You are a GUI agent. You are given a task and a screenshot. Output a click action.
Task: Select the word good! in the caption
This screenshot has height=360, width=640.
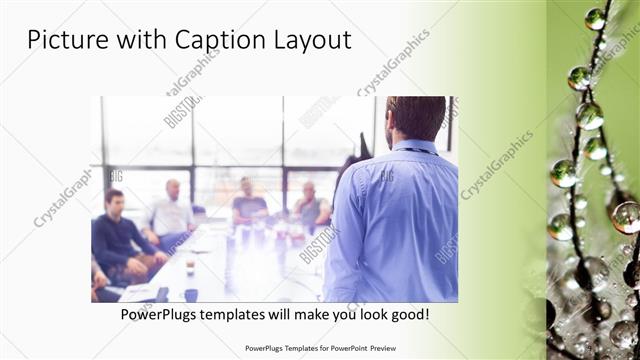coord(407,315)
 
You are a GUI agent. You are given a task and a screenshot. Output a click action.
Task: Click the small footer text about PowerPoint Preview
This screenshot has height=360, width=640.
coord(319,349)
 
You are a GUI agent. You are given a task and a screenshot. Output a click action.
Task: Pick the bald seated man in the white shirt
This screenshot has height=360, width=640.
coord(172,212)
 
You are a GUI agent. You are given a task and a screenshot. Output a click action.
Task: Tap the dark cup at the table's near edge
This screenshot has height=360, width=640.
coord(191,294)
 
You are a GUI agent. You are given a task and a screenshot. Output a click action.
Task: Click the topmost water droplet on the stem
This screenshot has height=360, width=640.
coord(595,19)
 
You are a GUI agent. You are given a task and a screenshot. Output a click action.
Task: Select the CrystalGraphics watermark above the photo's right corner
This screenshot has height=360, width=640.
coord(393,63)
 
